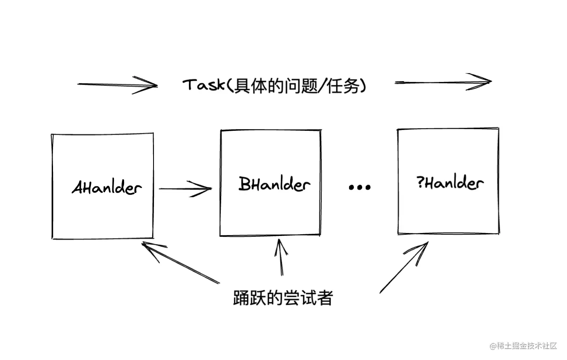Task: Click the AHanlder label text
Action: coord(106,188)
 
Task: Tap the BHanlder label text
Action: coord(275,184)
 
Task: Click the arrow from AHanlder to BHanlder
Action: coord(185,189)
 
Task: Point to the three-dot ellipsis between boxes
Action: coord(360,187)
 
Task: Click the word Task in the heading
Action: coord(202,85)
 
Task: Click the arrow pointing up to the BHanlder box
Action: coord(281,257)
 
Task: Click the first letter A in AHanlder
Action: coord(77,188)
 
